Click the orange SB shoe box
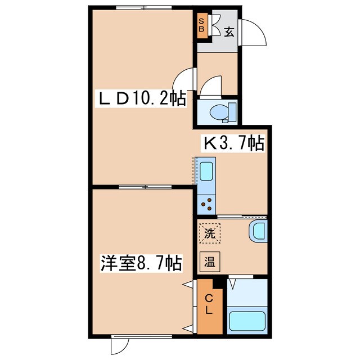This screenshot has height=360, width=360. click(x=201, y=25)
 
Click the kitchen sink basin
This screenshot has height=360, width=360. click(x=205, y=172)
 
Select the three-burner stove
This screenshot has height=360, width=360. click(x=206, y=204)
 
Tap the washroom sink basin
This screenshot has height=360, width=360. click(x=259, y=231)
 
